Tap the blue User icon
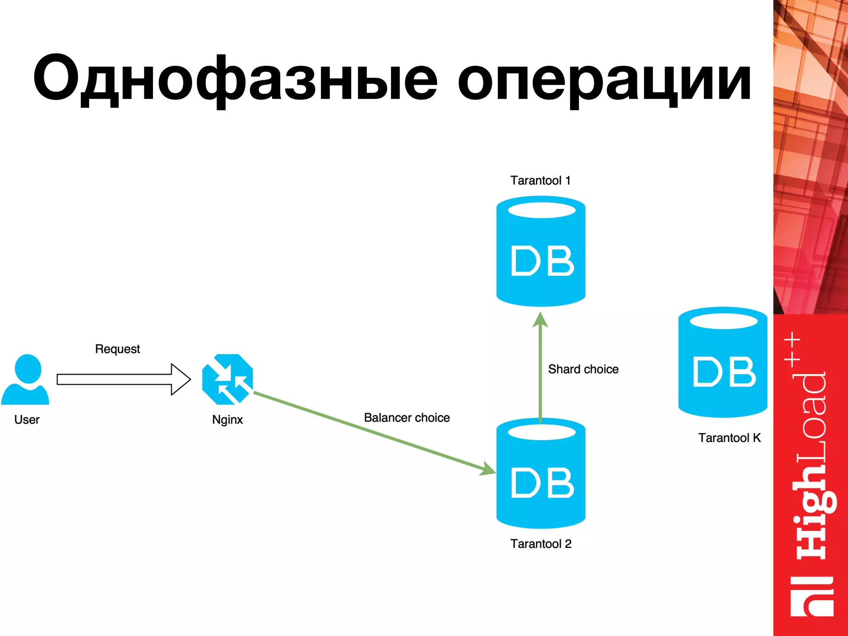(x=26, y=379)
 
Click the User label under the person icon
(x=27, y=419)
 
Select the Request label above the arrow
(x=118, y=349)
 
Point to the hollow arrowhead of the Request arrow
(x=181, y=379)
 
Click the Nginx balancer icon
(x=227, y=379)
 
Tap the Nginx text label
(x=227, y=419)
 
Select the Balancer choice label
(x=407, y=417)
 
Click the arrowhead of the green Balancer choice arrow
(x=489, y=470)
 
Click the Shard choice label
(x=583, y=369)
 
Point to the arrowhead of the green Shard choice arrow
(x=540, y=320)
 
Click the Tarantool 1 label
(x=540, y=181)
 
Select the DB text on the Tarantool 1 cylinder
(x=542, y=261)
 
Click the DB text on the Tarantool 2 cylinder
(x=542, y=483)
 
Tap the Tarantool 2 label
(x=541, y=544)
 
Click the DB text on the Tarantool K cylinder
(x=724, y=372)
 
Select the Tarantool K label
(x=729, y=438)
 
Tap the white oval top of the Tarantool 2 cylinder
(x=542, y=432)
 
